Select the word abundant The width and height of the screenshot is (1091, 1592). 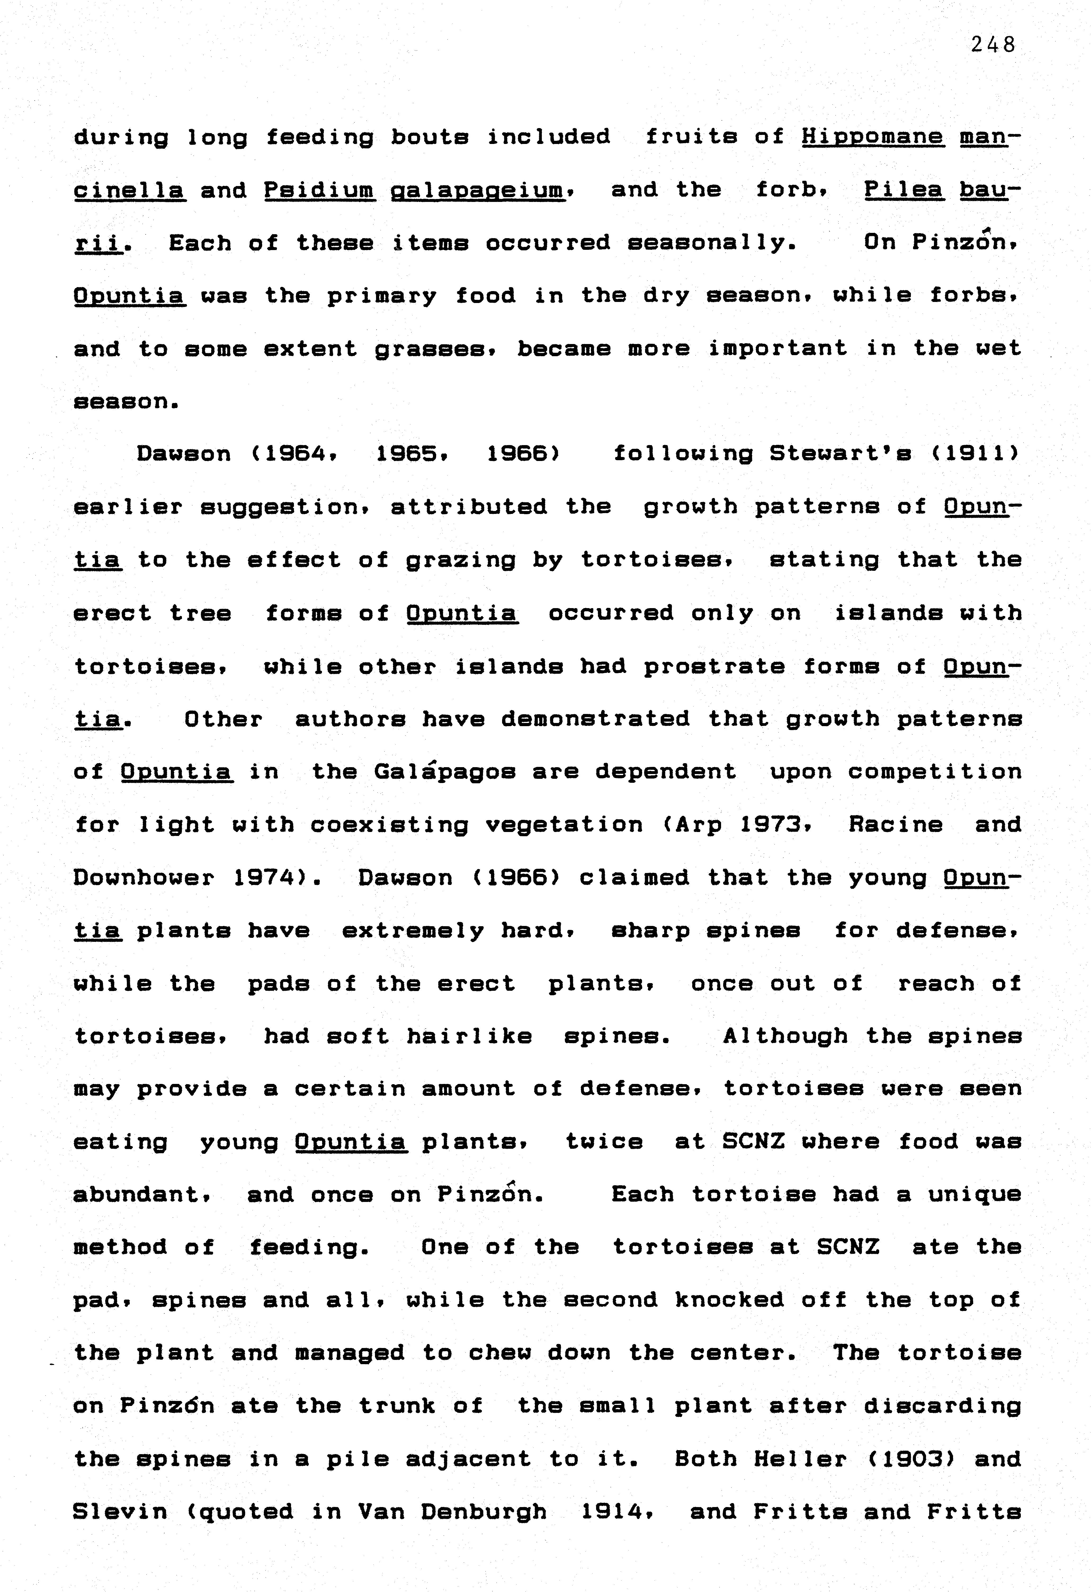point(141,1195)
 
